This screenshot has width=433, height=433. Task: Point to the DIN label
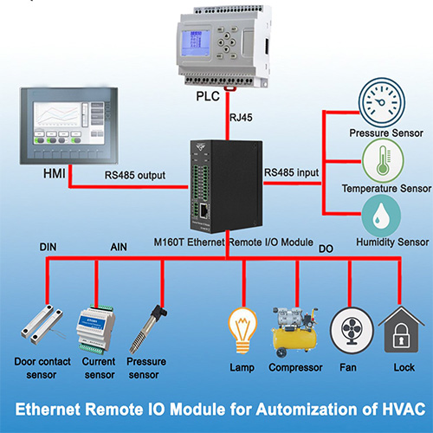click(x=49, y=248)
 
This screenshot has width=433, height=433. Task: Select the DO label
click(x=326, y=248)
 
